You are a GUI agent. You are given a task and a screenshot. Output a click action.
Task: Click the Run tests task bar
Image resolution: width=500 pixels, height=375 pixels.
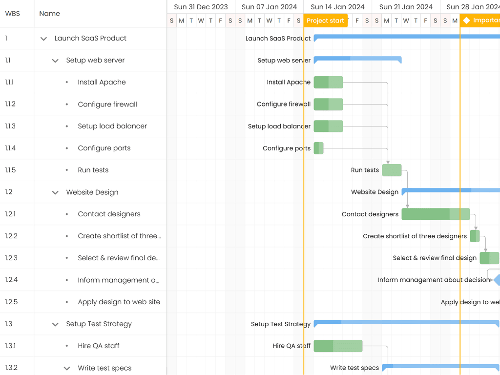click(392, 170)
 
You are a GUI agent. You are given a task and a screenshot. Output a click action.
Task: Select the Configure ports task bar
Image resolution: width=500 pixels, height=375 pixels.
click(318, 148)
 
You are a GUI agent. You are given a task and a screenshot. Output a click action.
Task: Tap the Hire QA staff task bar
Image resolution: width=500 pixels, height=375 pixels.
click(338, 346)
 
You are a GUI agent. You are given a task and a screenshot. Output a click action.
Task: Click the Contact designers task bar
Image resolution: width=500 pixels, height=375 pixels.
click(435, 214)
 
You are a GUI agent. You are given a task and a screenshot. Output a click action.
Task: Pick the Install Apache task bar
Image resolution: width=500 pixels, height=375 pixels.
click(328, 82)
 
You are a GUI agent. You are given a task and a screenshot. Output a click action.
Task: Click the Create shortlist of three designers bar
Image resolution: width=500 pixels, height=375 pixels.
click(475, 236)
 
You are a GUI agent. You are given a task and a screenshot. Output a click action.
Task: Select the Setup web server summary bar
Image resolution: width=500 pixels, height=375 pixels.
click(357, 59)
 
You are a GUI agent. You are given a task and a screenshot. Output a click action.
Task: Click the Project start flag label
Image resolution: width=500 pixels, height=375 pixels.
click(325, 21)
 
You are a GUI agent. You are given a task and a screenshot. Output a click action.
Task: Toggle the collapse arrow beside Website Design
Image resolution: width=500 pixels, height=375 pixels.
click(55, 192)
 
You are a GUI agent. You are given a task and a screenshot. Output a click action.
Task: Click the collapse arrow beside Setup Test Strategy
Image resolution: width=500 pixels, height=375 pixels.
click(55, 324)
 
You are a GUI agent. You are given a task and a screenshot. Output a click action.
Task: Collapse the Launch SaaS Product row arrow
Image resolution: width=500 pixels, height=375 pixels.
click(43, 39)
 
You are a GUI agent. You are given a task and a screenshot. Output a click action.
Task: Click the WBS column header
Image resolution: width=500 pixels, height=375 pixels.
click(13, 14)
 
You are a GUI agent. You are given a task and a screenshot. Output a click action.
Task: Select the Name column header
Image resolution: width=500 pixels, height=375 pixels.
click(49, 14)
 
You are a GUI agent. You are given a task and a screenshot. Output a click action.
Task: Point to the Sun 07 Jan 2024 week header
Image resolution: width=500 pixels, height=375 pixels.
click(269, 7)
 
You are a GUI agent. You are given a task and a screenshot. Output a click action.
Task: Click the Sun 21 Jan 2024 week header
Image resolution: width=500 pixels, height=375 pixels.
click(406, 7)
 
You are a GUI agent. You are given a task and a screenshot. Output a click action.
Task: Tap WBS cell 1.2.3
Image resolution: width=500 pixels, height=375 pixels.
click(11, 258)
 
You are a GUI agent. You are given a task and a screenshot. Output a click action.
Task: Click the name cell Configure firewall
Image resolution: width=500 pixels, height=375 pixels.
click(107, 104)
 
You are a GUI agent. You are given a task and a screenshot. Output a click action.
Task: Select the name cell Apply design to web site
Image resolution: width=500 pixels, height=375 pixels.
click(119, 302)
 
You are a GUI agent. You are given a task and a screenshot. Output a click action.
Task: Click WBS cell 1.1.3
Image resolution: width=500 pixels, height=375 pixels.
click(10, 126)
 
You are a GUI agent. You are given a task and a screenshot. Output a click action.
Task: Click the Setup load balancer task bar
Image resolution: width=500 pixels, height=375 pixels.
click(328, 126)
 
